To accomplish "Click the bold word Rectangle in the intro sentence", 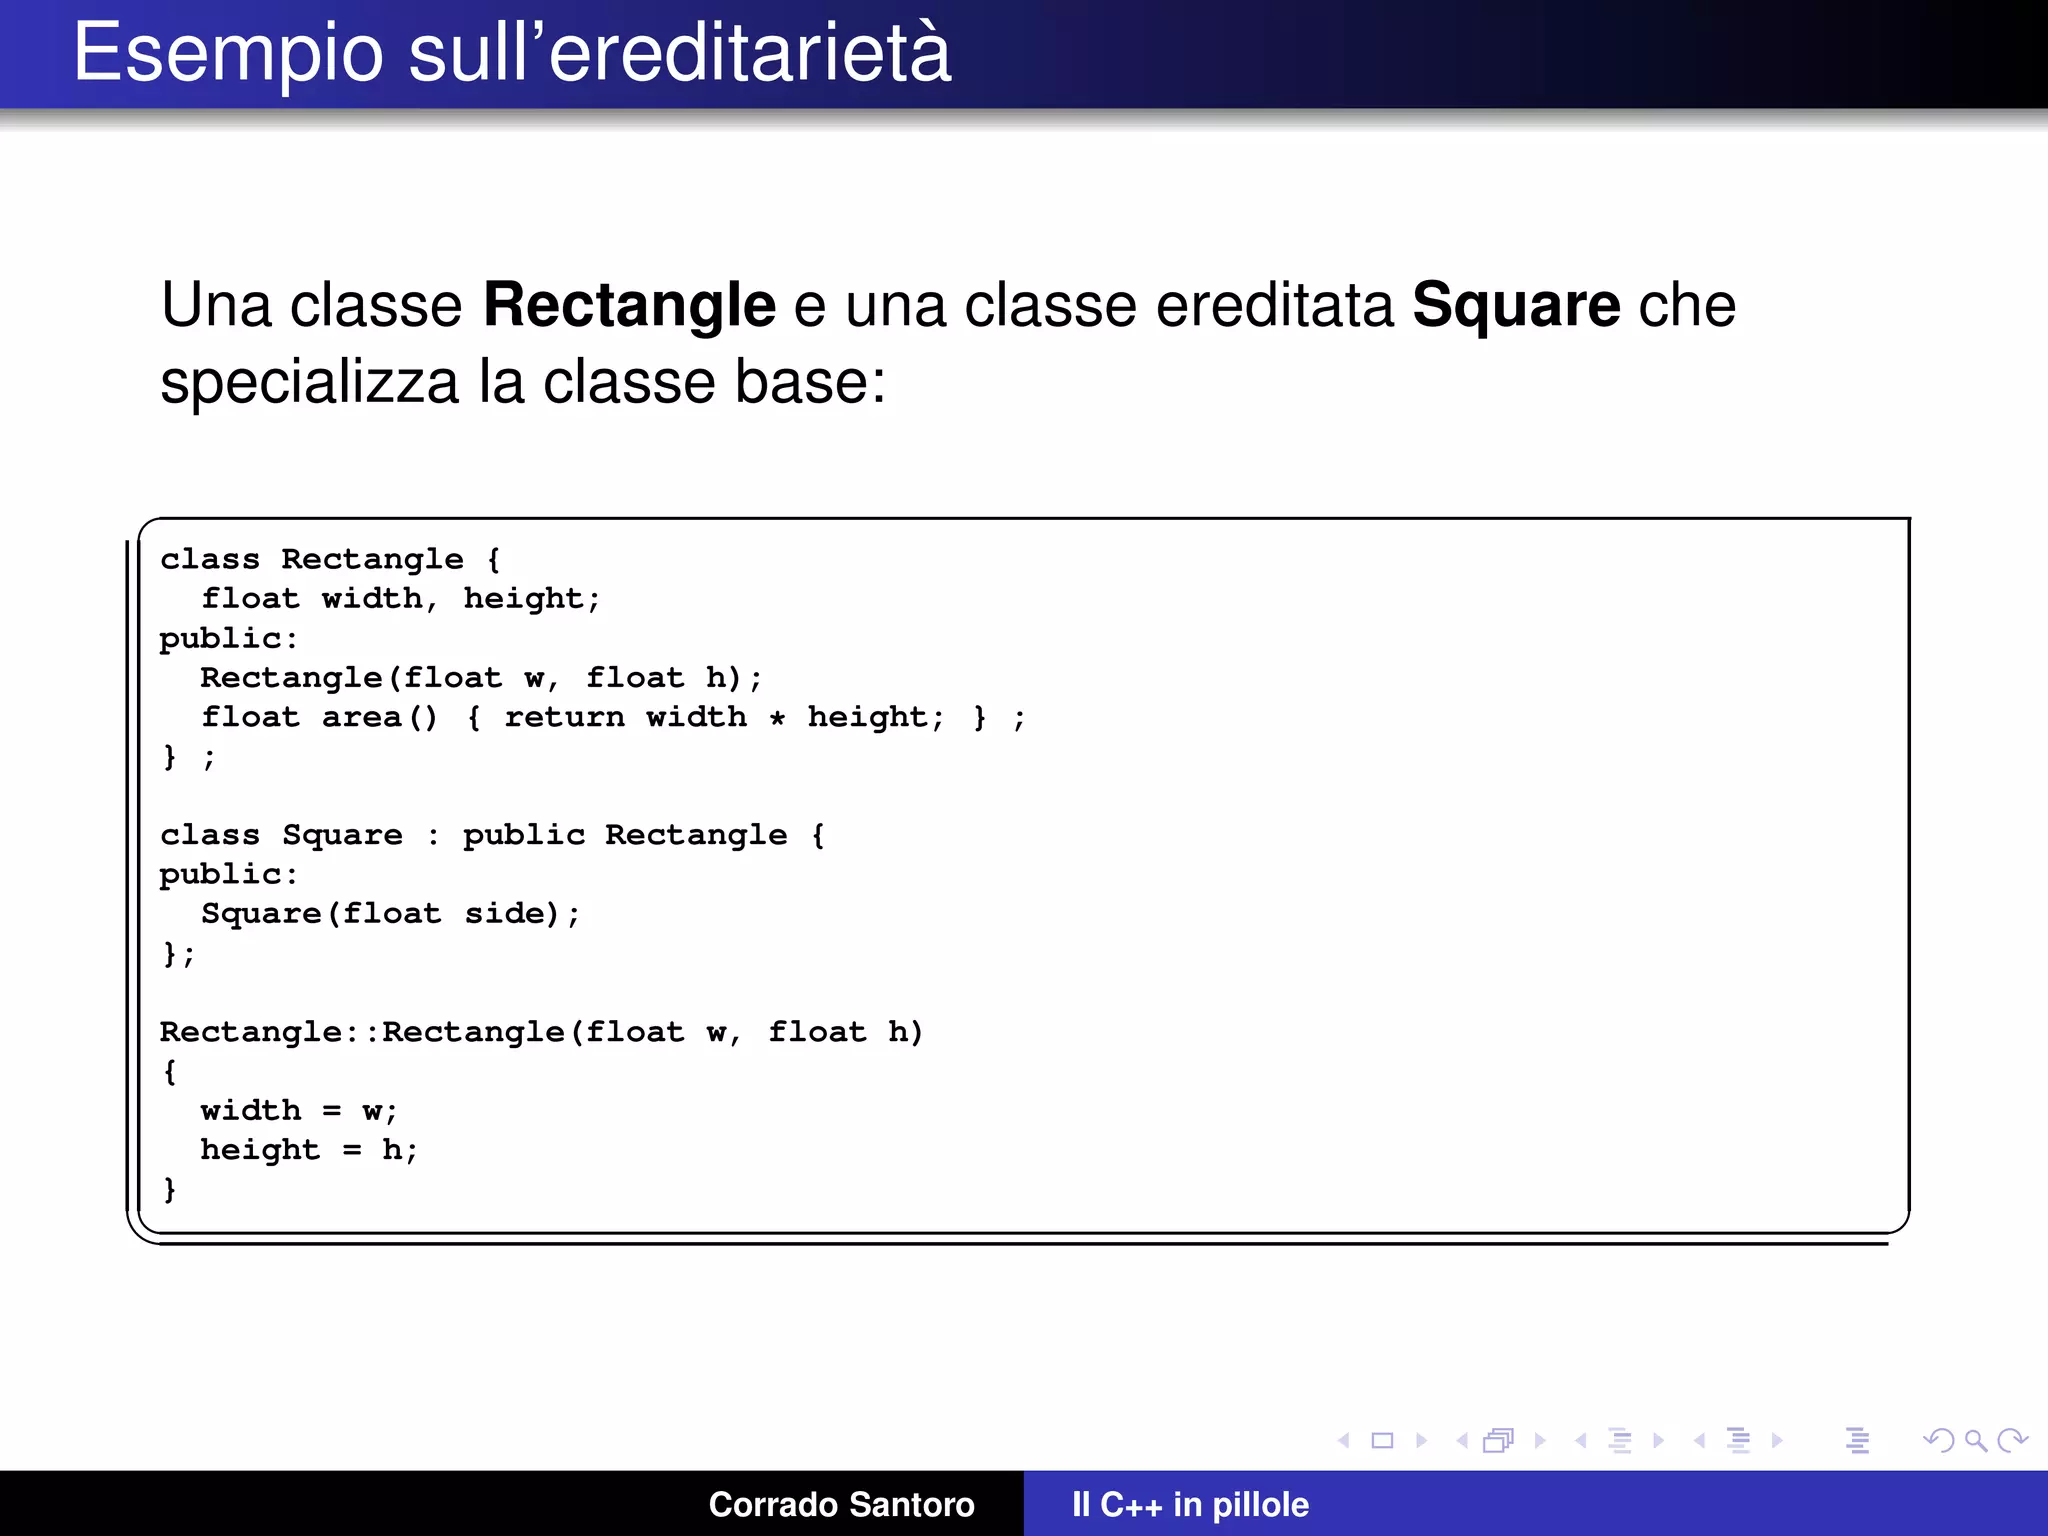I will [629, 305].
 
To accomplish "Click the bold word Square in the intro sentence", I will [1515, 305].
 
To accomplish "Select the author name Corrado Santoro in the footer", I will [841, 1504].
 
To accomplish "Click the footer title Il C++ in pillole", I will [1190, 1504].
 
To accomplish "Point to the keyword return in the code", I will [564, 717].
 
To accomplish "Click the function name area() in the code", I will [380, 717].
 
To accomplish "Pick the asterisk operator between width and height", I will [777, 718].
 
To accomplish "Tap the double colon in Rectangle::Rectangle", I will [362, 1032].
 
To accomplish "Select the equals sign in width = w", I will [331, 1111].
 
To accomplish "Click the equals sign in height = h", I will [351, 1150].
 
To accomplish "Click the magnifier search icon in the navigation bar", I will [1975, 1440].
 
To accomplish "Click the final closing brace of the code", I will [170, 1189].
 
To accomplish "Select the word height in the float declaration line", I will [523, 599].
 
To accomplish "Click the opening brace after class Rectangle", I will [493, 559].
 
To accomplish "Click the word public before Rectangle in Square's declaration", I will [523, 835].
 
